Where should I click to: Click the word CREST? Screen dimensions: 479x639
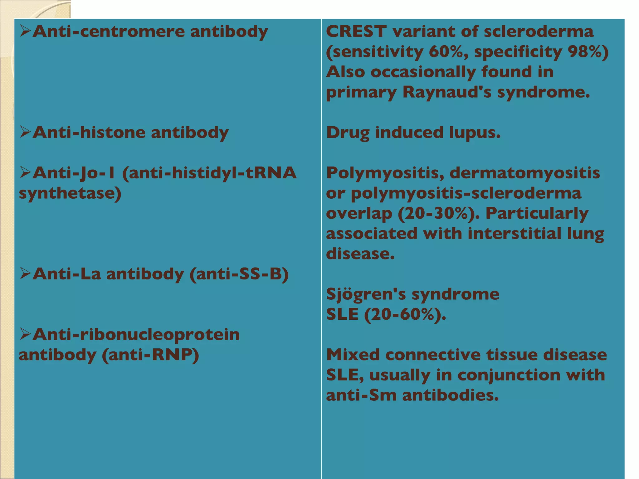coord(356,31)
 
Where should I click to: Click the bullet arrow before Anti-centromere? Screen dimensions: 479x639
coord(25,31)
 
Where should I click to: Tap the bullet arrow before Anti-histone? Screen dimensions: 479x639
coord(25,132)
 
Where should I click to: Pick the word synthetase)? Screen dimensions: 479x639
coord(70,194)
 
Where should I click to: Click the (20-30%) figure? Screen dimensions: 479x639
coord(439,214)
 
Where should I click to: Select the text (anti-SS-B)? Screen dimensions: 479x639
coord(239,274)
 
